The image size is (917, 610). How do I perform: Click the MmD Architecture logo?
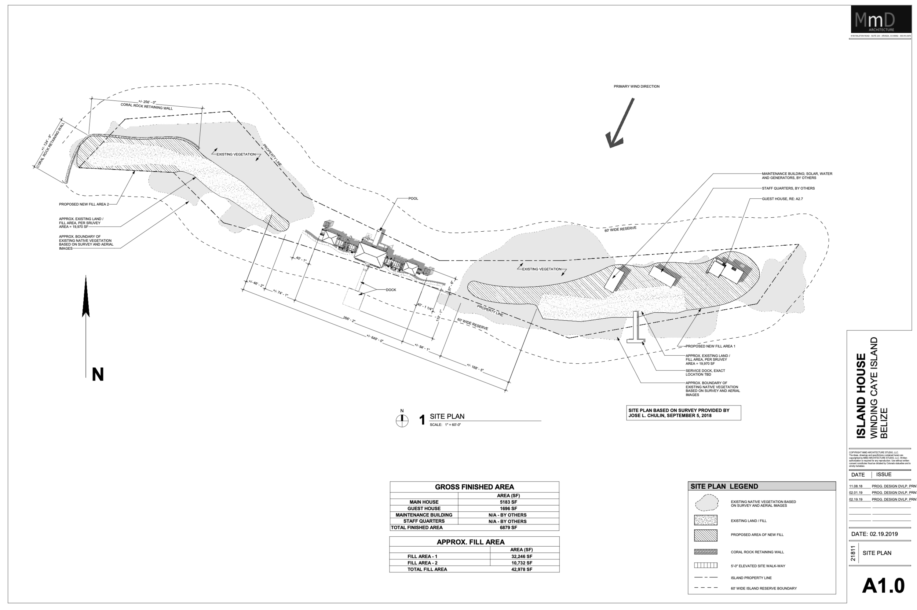coord(880,19)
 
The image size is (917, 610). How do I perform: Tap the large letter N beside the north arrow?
coord(98,374)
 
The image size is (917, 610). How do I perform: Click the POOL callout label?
coord(413,198)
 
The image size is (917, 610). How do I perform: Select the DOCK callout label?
coord(391,290)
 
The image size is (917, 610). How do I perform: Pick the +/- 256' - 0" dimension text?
coord(147,102)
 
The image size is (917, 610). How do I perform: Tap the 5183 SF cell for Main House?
coord(508,502)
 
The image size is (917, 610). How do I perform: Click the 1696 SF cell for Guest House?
coord(508,508)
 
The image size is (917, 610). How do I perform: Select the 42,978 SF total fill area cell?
coord(521,569)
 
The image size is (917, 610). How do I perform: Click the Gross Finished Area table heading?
coord(474,487)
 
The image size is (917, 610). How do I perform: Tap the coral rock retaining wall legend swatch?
coord(705,552)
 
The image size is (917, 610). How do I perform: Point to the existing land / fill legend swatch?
coord(705,520)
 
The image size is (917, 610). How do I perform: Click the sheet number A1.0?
coord(883,586)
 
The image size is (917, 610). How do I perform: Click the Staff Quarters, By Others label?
coord(788,188)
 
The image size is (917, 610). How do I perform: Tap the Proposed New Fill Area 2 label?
coord(84,204)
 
